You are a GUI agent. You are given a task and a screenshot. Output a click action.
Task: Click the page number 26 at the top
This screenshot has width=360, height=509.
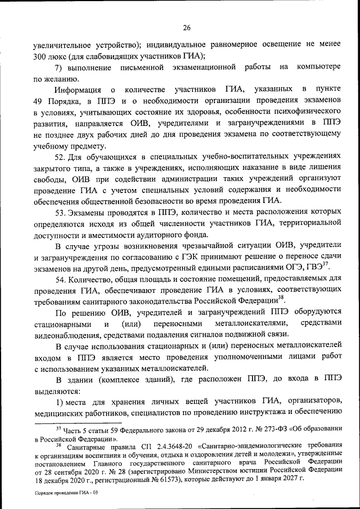pyautogui.click(x=187, y=26)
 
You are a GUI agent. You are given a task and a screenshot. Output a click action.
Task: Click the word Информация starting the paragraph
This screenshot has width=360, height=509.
pyautogui.click(x=78, y=90)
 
